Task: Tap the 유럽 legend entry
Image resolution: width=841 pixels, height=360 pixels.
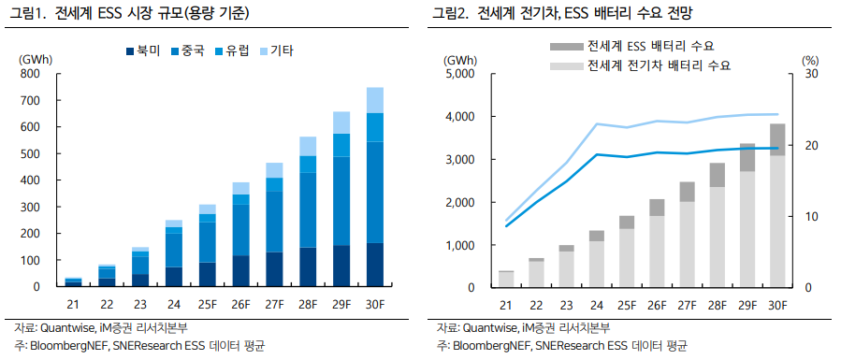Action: pyautogui.click(x=232, y=52)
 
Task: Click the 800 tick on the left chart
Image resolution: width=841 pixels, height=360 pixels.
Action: pyautogui.click(x=30, y=74)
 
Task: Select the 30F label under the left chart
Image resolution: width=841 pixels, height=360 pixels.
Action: pyautogui.click(x=374, y=306)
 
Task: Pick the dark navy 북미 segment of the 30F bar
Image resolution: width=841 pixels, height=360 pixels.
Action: pyautogui.click(x=374, y=265)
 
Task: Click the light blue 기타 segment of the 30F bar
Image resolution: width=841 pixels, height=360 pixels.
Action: pyautogui.click(x=374, y=100)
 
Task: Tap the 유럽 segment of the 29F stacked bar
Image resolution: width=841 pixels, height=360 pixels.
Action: pyautogui.click(x=341, y=145)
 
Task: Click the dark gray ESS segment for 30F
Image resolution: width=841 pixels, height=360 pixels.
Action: pyautogui.click(x=777, y=140)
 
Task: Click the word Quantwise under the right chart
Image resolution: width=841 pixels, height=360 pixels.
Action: pyautogui.click(x=485, y=327)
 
